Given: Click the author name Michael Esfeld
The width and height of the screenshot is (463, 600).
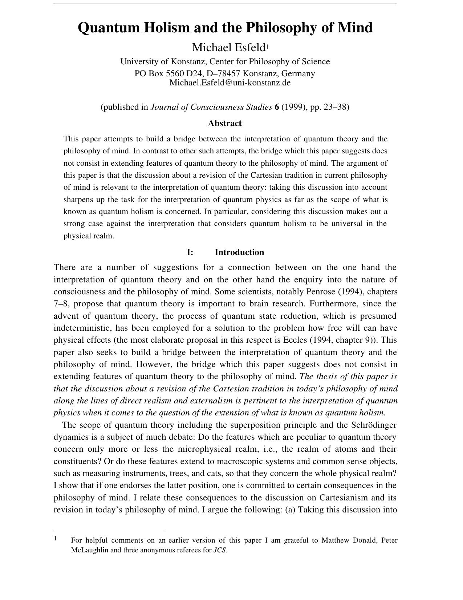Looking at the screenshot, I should coord(229,48).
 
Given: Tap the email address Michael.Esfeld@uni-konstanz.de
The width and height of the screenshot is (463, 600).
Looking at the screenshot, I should coord(230,82).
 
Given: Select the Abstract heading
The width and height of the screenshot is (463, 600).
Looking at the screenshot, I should coord(224,124).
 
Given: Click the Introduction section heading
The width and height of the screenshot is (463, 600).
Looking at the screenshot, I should coord(239,252).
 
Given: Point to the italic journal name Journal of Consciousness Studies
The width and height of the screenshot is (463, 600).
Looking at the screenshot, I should coord(211,107).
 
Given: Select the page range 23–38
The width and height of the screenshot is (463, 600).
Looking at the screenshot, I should coord(336,107).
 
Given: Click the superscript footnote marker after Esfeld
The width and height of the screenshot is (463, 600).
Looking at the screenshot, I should coord(267,46).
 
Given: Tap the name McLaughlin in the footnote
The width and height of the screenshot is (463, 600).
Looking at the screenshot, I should coord(89,550).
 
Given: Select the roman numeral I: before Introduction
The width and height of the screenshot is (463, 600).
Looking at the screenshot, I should coord(190,252).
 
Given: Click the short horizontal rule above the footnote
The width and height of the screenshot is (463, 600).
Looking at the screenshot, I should coord(108,530).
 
